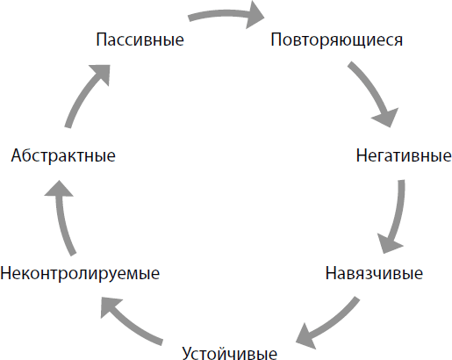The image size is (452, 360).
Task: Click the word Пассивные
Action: click(140, 40)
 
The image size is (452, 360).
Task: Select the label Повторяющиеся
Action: click(336, 40)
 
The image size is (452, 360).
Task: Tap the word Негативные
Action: click(404, 155)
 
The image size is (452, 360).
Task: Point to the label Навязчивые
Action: click(374, 273)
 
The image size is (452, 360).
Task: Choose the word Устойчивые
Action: click(230, 353)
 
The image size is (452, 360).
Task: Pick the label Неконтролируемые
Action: click(80, 274)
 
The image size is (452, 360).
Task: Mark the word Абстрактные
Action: click(63, 155)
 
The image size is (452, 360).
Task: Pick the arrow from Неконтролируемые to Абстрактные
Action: click(63, 218)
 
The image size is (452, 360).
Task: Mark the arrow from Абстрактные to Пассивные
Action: click(85, 94)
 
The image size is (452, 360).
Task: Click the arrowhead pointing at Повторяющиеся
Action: click(255, 15)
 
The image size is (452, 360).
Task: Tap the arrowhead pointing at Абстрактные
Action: click(59, 189)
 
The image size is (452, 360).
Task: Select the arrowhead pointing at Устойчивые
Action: click(305, 337)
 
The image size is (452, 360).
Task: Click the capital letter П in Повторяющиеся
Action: click(276, 40)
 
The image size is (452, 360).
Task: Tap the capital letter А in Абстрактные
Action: click(18, 155)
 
